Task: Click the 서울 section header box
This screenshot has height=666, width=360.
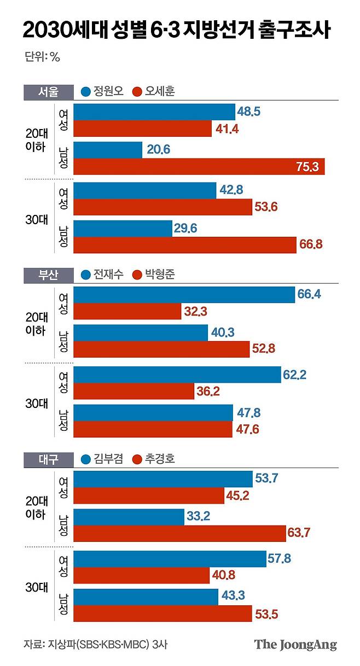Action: (49, 92)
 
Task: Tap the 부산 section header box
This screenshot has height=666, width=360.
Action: (49, 275)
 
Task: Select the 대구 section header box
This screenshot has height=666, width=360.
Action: (49, 460)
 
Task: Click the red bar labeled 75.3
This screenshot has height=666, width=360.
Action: (199, 166)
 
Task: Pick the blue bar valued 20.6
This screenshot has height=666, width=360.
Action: (108, 150)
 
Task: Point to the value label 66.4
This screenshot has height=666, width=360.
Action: (309, 294)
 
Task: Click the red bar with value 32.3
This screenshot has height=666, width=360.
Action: (127, 311)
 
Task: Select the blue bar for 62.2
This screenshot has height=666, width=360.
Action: (177, 375)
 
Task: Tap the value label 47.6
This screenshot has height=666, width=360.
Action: (247, 429)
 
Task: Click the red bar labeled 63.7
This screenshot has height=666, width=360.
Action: (179, 533)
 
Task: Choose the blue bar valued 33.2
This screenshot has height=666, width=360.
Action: (129, 517)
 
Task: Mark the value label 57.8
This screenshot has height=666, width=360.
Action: (279, 558)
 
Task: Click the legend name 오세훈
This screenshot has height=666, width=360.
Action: (160, 91)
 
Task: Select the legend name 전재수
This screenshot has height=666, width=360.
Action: (108, 274)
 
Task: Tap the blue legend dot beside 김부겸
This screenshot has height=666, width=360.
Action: (86, 460)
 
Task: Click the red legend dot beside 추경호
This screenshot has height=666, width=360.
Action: (137, 460)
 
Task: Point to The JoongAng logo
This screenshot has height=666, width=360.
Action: (295, 645)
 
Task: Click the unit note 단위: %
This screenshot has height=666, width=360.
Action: (42, 56)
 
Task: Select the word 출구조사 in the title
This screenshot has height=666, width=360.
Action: (294, 30)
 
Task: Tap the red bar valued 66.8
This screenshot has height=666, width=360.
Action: (185, 245)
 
